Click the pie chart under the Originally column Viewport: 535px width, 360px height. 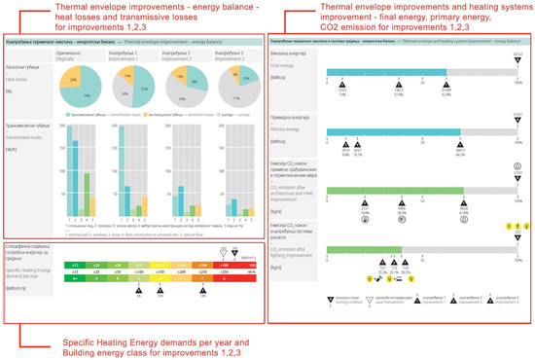click(x=85, y=88)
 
